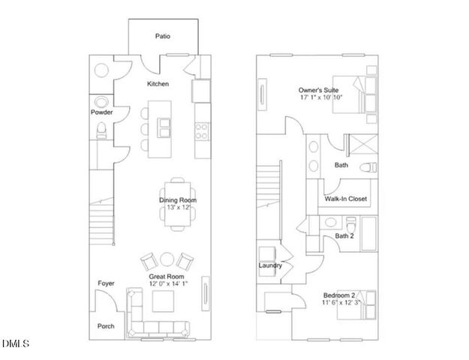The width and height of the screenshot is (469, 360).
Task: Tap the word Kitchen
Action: coord(158,84)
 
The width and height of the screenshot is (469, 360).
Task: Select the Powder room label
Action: coord(101,112)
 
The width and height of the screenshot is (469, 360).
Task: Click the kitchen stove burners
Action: coord(202,132)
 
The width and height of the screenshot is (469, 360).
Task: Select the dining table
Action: coord(177,200)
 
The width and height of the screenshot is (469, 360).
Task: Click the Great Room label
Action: coord(167,276)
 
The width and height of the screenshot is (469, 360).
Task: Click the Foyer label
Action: coord(106,283)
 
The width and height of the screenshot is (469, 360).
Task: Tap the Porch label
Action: coord(106,326)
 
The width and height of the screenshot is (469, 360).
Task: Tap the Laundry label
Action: coord(270,265)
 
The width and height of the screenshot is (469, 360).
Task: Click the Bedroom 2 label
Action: coord(341,294)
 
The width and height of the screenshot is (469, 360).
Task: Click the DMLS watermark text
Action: coord(15,344)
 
